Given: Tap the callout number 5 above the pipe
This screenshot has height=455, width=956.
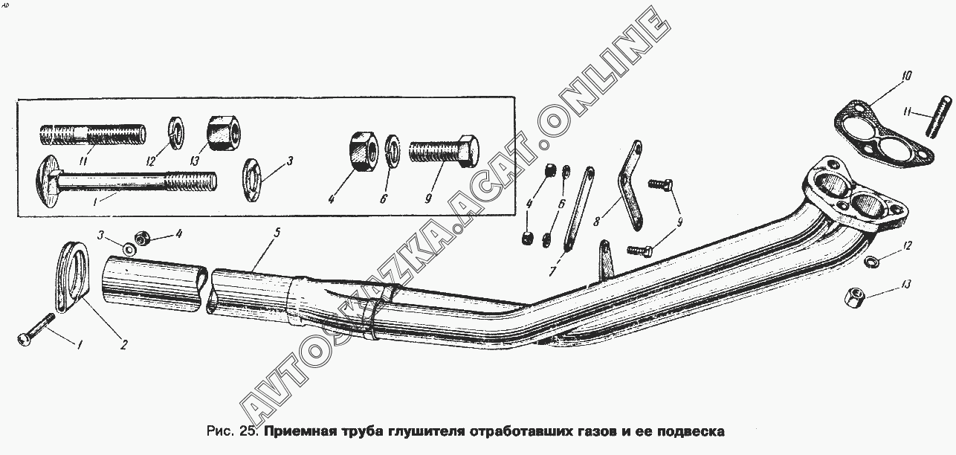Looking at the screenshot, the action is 277,233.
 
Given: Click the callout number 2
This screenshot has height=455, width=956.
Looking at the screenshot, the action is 123,344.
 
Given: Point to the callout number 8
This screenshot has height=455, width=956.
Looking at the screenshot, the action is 597,221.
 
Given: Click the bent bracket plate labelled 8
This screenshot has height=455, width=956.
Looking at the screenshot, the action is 630,186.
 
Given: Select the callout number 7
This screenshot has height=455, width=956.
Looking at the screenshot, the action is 553,271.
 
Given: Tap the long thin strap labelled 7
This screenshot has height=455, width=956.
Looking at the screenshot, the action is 579,209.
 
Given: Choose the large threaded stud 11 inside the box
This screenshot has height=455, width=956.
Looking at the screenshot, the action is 93,135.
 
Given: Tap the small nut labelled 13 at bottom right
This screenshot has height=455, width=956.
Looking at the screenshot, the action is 854,297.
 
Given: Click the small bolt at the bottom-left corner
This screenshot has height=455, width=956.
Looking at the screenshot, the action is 36,329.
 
